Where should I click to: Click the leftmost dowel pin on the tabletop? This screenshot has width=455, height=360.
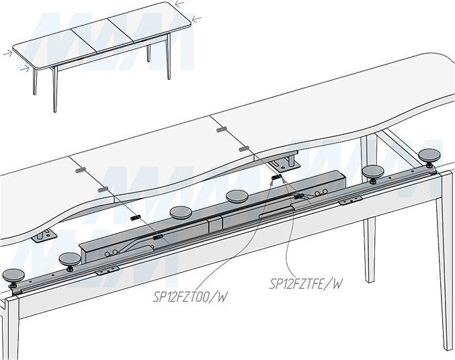click(77, 171)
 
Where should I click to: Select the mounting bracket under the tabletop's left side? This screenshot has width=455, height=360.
click(45, 234)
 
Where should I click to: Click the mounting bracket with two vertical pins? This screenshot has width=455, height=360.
click(285, 161)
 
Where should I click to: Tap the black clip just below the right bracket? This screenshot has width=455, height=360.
click(275, 178)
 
